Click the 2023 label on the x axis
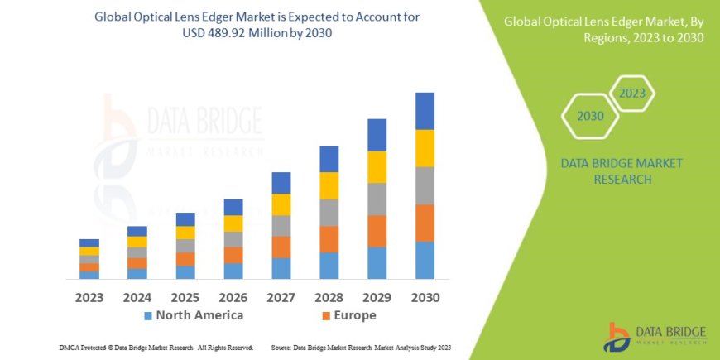click(x=89, y=296)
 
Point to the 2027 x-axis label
click(x=281, y=296)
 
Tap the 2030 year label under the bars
click(x=425, y=296)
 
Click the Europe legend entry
click(x=348, y=315)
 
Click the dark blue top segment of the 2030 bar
click(x=425, y=111)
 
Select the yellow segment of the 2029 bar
click(x=377, y=167)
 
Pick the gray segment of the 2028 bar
click(x=329, y=213)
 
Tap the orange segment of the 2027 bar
click(x=281, y=247)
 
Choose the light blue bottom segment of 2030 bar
click(x=425, y=260)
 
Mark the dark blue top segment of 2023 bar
click(x=89, y=242)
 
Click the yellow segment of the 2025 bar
click(x=185, y=233)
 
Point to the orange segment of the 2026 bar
click(x=233, y=255)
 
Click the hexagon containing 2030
click(x=590, y=117)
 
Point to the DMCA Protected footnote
click(x=156, y=348)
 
